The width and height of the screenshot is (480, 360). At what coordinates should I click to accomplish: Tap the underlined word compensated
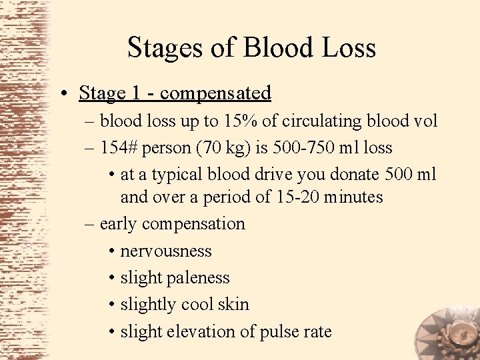[215, 93]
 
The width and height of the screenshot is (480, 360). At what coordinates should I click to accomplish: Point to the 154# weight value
[118, 147]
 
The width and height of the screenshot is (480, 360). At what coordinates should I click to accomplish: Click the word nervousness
[166, 251]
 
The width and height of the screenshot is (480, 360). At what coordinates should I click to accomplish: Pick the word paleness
[197, 278]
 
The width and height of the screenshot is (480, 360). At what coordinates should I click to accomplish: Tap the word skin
[234, 305]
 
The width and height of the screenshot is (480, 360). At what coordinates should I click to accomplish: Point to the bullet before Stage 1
[69, 94]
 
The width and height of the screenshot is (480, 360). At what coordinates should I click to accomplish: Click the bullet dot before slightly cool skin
[111, 305]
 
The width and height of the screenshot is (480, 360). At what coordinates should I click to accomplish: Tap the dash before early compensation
[90, 224]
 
